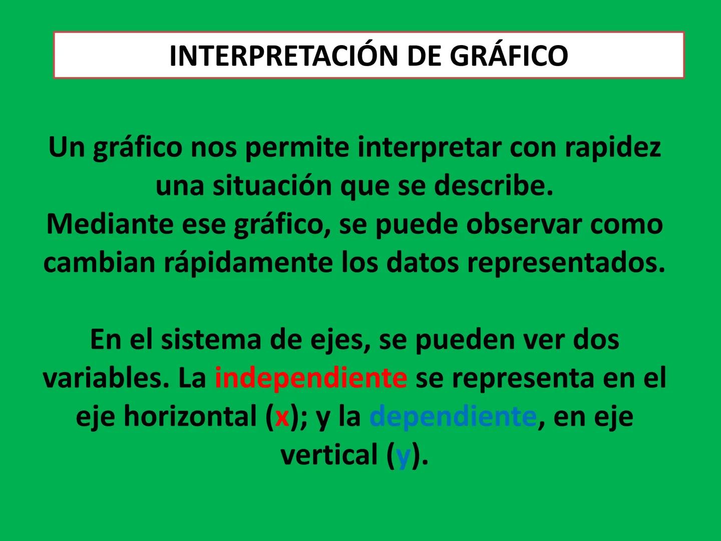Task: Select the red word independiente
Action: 310,378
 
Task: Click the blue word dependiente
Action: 453,417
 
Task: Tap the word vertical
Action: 329,455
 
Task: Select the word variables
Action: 105,378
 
